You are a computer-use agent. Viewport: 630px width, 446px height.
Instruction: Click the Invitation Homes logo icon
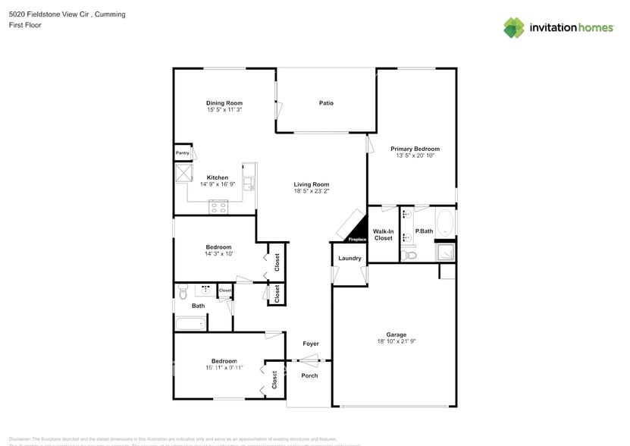[x=514, y=27]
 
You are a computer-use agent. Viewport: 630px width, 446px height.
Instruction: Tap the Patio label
[x=326, y=103]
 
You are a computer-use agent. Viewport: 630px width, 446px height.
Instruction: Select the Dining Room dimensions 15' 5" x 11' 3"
[x=224, y=110]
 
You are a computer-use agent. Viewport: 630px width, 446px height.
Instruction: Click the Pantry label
[x=183, y=152]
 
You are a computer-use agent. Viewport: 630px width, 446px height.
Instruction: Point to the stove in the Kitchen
[x=218, y=206]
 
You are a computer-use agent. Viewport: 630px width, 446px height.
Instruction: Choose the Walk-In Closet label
[x=384, y=234]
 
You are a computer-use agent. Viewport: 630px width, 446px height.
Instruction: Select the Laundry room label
[x=349, y=259]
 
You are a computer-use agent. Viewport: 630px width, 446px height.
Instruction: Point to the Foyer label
[x=311, y=344]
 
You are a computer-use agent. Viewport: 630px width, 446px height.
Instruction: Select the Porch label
[x=309, y=375]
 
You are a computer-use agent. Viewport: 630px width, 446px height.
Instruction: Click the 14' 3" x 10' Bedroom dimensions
[x=218, y=253]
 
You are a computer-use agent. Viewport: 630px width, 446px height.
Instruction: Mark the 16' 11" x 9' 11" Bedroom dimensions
[x=224, y=367]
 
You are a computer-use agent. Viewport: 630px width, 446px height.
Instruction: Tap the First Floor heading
[x=25, y=25]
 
